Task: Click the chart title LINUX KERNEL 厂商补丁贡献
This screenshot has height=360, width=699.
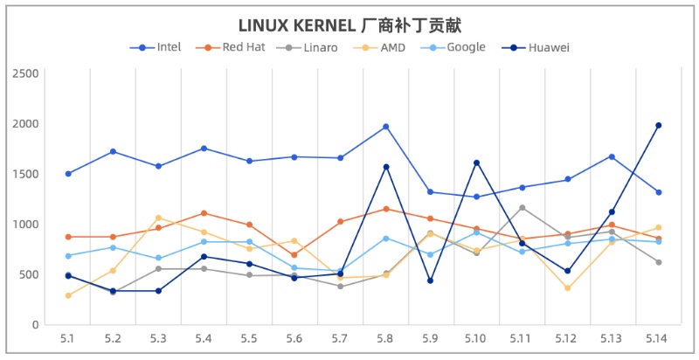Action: point(349,24)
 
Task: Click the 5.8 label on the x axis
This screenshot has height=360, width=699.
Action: point(385,337)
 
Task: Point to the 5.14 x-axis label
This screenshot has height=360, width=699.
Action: point(658,337)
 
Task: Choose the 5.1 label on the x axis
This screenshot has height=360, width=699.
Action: point(67,337)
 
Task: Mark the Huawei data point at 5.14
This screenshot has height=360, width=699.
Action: point(658,125)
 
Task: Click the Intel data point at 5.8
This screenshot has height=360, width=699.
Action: point(385,127)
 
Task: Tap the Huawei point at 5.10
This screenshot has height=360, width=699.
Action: point(476,163)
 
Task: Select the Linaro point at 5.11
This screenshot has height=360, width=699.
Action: point(522,208)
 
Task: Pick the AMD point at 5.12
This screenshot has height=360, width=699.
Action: point(567,288)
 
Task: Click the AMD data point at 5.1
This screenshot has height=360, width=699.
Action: point(67,295)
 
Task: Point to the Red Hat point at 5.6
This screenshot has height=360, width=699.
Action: point(294,255)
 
